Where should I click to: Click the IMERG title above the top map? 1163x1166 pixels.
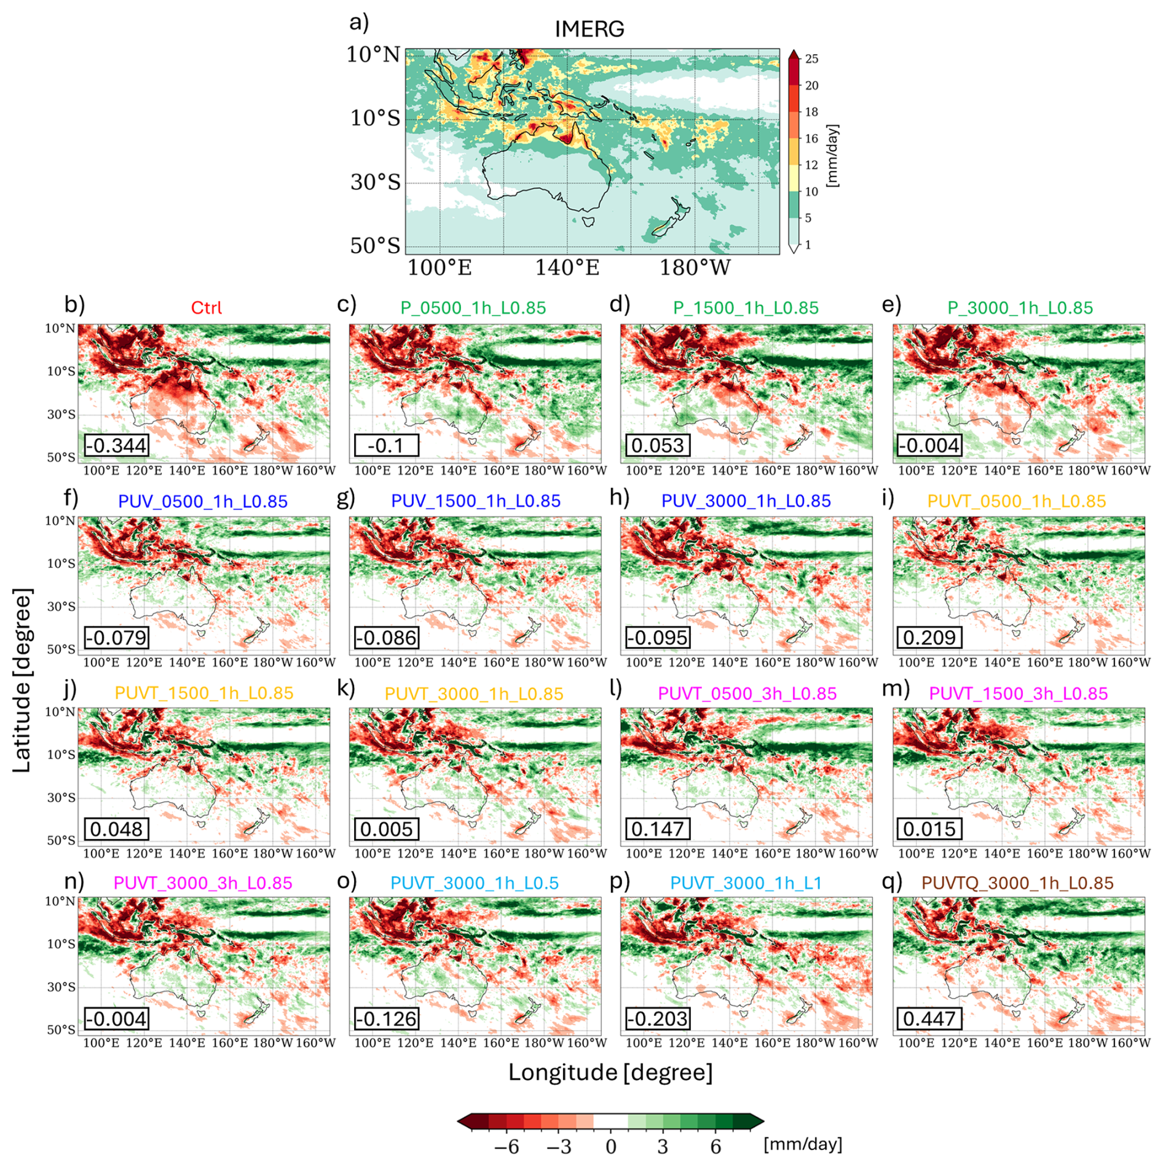[589, 29]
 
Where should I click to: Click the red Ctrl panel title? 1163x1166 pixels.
[206, 307]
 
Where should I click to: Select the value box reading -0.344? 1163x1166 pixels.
[116, 445]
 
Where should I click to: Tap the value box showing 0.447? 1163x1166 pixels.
[929, 1018]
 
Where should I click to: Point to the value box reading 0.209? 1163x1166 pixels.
[929, 637]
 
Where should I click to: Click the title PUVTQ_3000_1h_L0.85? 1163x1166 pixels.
[1017, 883]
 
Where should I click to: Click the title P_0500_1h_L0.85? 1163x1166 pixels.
[473, 307]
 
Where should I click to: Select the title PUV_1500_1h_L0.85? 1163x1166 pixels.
[475, 500]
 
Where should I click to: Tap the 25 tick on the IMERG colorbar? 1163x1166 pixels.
[811, 59]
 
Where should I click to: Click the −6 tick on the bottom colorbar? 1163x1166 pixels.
[507, 1146]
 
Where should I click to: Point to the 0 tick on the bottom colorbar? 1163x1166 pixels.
[610, 1146]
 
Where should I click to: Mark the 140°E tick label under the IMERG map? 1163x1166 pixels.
[567, 267]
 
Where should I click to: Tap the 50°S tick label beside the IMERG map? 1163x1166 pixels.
[375, 245]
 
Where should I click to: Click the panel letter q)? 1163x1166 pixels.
[892, 881]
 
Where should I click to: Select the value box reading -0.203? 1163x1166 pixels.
[657, 1018]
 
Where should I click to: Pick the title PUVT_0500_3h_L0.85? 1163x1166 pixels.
[747, 693]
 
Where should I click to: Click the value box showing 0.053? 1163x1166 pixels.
[657, 445]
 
